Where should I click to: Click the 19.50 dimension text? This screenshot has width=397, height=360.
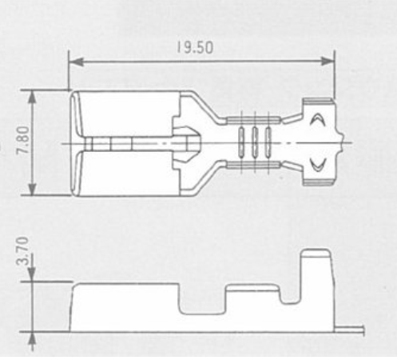pos(195,48)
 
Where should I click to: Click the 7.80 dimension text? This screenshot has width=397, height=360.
pos(22,140)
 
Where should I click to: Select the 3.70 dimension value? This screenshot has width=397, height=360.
pos(22,251)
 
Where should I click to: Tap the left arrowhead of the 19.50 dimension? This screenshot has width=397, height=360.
pos(76,62)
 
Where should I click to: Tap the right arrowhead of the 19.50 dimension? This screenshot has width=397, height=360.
pos(328,62)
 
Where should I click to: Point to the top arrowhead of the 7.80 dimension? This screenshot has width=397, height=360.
pos(32,98)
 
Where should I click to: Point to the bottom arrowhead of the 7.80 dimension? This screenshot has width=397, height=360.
pos(32,188)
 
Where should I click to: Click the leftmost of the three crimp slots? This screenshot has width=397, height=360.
pos(241,142)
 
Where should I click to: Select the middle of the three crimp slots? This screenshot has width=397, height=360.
pos(255,142)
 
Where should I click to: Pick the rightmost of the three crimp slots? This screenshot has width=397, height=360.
pos(268,142)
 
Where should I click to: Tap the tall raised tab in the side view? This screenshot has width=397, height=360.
pos(317,288)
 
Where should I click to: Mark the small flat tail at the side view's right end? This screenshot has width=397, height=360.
pos(349,330)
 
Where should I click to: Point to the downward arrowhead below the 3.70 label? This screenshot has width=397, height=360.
pos(32,274)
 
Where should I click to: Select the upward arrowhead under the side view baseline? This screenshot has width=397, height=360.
pos(32,339)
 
